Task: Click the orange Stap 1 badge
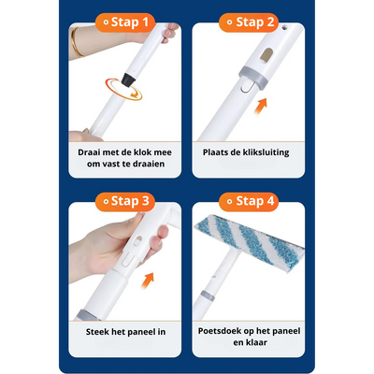pos(125,22)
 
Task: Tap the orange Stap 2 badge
pos(249,22)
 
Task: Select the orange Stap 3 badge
pos(125,201)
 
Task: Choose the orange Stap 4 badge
pos(249,201)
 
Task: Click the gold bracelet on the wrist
pos(76,42)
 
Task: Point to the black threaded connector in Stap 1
pos(128,79)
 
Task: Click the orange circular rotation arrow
pos(123,90)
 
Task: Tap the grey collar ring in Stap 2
pos(253,77)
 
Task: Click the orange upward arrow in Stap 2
pos(261,107)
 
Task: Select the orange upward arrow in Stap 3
pos(147,280)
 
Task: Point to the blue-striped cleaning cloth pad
pos(250,242)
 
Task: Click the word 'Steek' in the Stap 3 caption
pos(96,332)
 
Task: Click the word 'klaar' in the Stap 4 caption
pos(256,342)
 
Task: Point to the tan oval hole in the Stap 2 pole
pos(266,55)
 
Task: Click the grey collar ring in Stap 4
pos(208,295)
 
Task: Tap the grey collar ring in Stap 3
pos(88,315)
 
